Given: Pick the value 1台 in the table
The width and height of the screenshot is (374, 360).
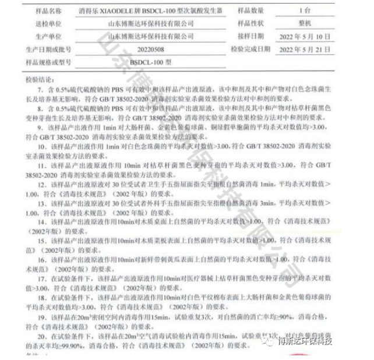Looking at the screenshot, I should pos(315,11).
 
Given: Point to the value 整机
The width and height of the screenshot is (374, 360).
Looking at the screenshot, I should pos(315,24).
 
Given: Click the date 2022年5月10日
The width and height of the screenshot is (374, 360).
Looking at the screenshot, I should pos(315,36).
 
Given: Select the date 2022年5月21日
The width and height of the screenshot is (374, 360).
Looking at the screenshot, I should pos(315,49).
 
